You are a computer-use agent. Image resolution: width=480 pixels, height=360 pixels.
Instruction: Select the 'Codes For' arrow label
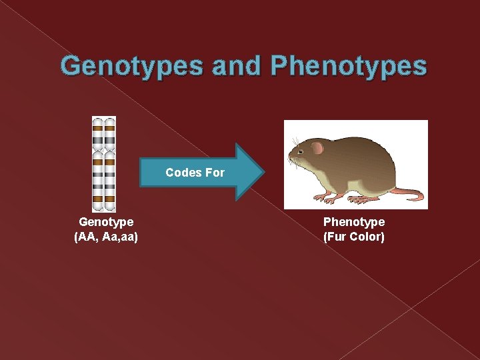(195, 173)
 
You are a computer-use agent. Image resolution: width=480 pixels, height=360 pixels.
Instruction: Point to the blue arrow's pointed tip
(263, 172)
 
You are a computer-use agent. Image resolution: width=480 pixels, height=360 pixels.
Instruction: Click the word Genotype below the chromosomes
(106, 221)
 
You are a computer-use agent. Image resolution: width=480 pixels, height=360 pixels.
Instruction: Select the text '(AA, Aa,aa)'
(106, 236)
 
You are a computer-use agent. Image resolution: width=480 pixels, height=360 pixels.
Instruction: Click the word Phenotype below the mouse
(354, 221)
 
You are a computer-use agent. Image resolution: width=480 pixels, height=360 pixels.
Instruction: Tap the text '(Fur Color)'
(354, 236)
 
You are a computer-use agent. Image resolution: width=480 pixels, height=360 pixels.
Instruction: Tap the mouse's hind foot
(363, 199)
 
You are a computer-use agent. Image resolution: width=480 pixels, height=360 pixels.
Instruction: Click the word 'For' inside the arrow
(215, 173)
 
